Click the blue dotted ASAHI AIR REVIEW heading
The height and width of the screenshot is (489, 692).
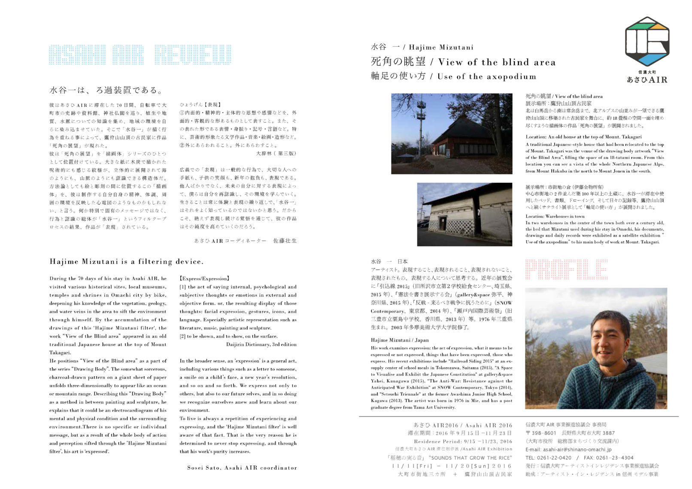pos(140,54)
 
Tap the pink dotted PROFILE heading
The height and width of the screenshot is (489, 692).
pos(566,269)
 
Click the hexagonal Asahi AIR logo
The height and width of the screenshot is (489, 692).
pos(647,42)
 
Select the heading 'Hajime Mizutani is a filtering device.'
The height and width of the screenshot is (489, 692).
pos(127,261)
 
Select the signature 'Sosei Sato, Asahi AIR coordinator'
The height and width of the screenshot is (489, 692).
pos(242,468)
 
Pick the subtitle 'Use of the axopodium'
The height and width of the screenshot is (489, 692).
pos(487,76)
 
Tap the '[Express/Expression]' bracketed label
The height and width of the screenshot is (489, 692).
pos(204,278)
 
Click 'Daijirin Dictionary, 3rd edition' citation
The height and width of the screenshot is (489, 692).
pos(261,344)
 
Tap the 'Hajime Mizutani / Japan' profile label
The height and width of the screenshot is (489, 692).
pos(400,340)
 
